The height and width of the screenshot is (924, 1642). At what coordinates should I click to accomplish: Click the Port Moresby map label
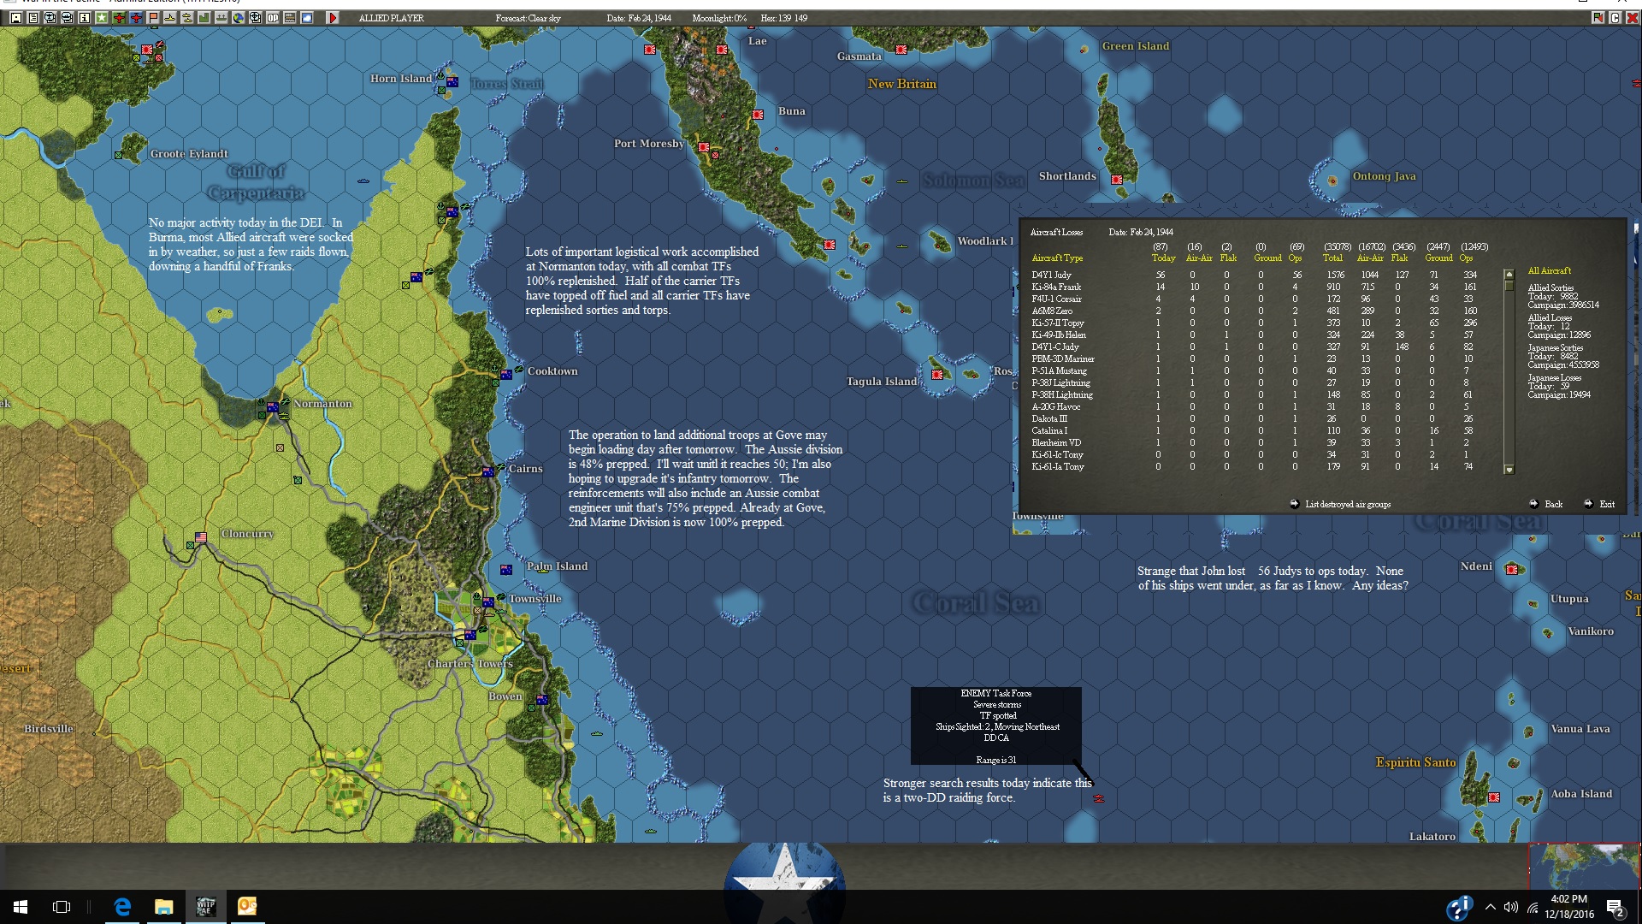(648, 144)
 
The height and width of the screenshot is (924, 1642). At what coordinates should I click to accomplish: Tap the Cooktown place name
(552, 371)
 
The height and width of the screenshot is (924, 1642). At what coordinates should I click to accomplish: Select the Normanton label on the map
(322, 404)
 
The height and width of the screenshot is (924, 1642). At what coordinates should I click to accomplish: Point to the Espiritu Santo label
(1415, 762)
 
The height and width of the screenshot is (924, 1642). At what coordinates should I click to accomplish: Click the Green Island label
(1135, 46)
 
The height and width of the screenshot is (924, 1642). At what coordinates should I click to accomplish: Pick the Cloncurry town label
(247, 534)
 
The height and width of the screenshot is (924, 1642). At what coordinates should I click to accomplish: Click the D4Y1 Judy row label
(1051, 275)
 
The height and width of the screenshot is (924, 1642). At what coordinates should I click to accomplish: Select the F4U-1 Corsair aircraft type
(1056, 299)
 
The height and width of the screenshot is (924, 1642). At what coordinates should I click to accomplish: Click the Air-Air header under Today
(1198, 258)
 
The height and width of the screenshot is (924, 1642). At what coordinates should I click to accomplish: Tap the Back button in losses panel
(1553, 505)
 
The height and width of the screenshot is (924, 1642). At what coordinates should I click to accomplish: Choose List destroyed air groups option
(1347, 505)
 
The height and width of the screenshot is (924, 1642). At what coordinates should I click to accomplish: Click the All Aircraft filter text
(1549, 271)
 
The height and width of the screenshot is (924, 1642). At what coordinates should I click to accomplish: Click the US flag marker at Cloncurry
(201, 538)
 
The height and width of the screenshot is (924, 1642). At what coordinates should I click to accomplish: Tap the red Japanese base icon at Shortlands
(1117, 180)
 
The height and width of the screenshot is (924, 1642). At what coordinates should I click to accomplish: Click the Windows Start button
(21, 907)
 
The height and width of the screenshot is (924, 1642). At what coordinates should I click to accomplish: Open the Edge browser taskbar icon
(122, 907)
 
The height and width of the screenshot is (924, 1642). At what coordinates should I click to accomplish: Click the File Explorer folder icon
(163, 907)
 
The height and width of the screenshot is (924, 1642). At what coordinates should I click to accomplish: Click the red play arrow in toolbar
(333, 18)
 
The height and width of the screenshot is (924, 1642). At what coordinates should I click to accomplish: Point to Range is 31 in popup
(995, 760)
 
